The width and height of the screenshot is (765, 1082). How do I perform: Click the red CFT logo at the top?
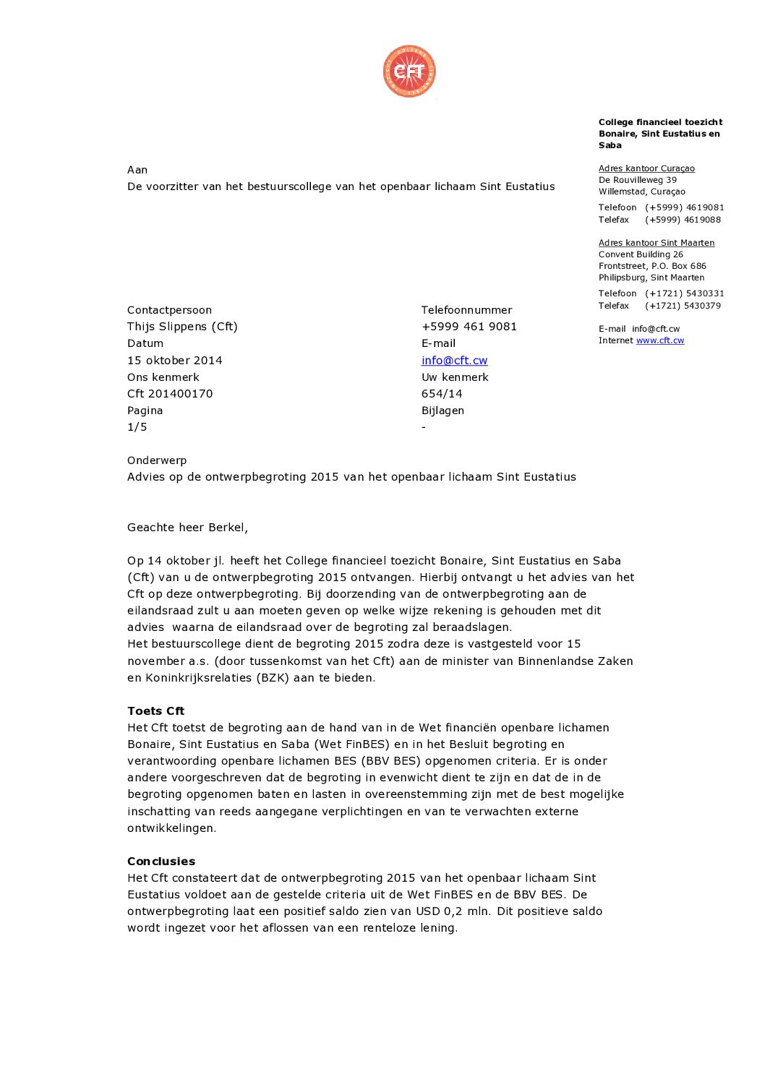[409, 71]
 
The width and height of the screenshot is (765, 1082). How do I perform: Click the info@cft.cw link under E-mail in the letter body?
[454, 360]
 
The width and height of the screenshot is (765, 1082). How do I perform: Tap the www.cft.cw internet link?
[659, 340]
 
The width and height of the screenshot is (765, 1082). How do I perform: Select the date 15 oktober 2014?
[174, 360]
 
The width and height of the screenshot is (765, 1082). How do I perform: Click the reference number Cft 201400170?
[170, 394]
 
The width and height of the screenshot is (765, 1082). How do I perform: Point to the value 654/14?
[442, 394]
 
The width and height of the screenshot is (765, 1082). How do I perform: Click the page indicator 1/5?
[137, 427]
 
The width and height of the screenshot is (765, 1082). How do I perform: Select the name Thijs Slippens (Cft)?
[182, 327]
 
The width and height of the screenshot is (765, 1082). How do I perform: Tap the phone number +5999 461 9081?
[469, 327]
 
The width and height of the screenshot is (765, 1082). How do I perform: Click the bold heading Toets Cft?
[155, 711]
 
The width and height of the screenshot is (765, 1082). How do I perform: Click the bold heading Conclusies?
[161, 862]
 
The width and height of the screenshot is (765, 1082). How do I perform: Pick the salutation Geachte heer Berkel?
[187, 528]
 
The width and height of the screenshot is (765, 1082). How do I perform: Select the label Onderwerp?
[156, 460]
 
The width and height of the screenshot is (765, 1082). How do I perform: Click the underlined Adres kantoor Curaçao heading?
[646, 168]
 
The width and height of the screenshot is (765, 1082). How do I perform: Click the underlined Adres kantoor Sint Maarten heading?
[656, 243]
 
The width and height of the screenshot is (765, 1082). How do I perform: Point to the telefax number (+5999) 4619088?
[683, 220]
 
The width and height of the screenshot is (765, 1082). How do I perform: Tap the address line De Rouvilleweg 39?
[637, 180]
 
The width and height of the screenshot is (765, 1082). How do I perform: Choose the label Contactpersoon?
[169, 310]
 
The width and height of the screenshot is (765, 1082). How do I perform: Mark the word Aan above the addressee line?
[137, 170]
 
